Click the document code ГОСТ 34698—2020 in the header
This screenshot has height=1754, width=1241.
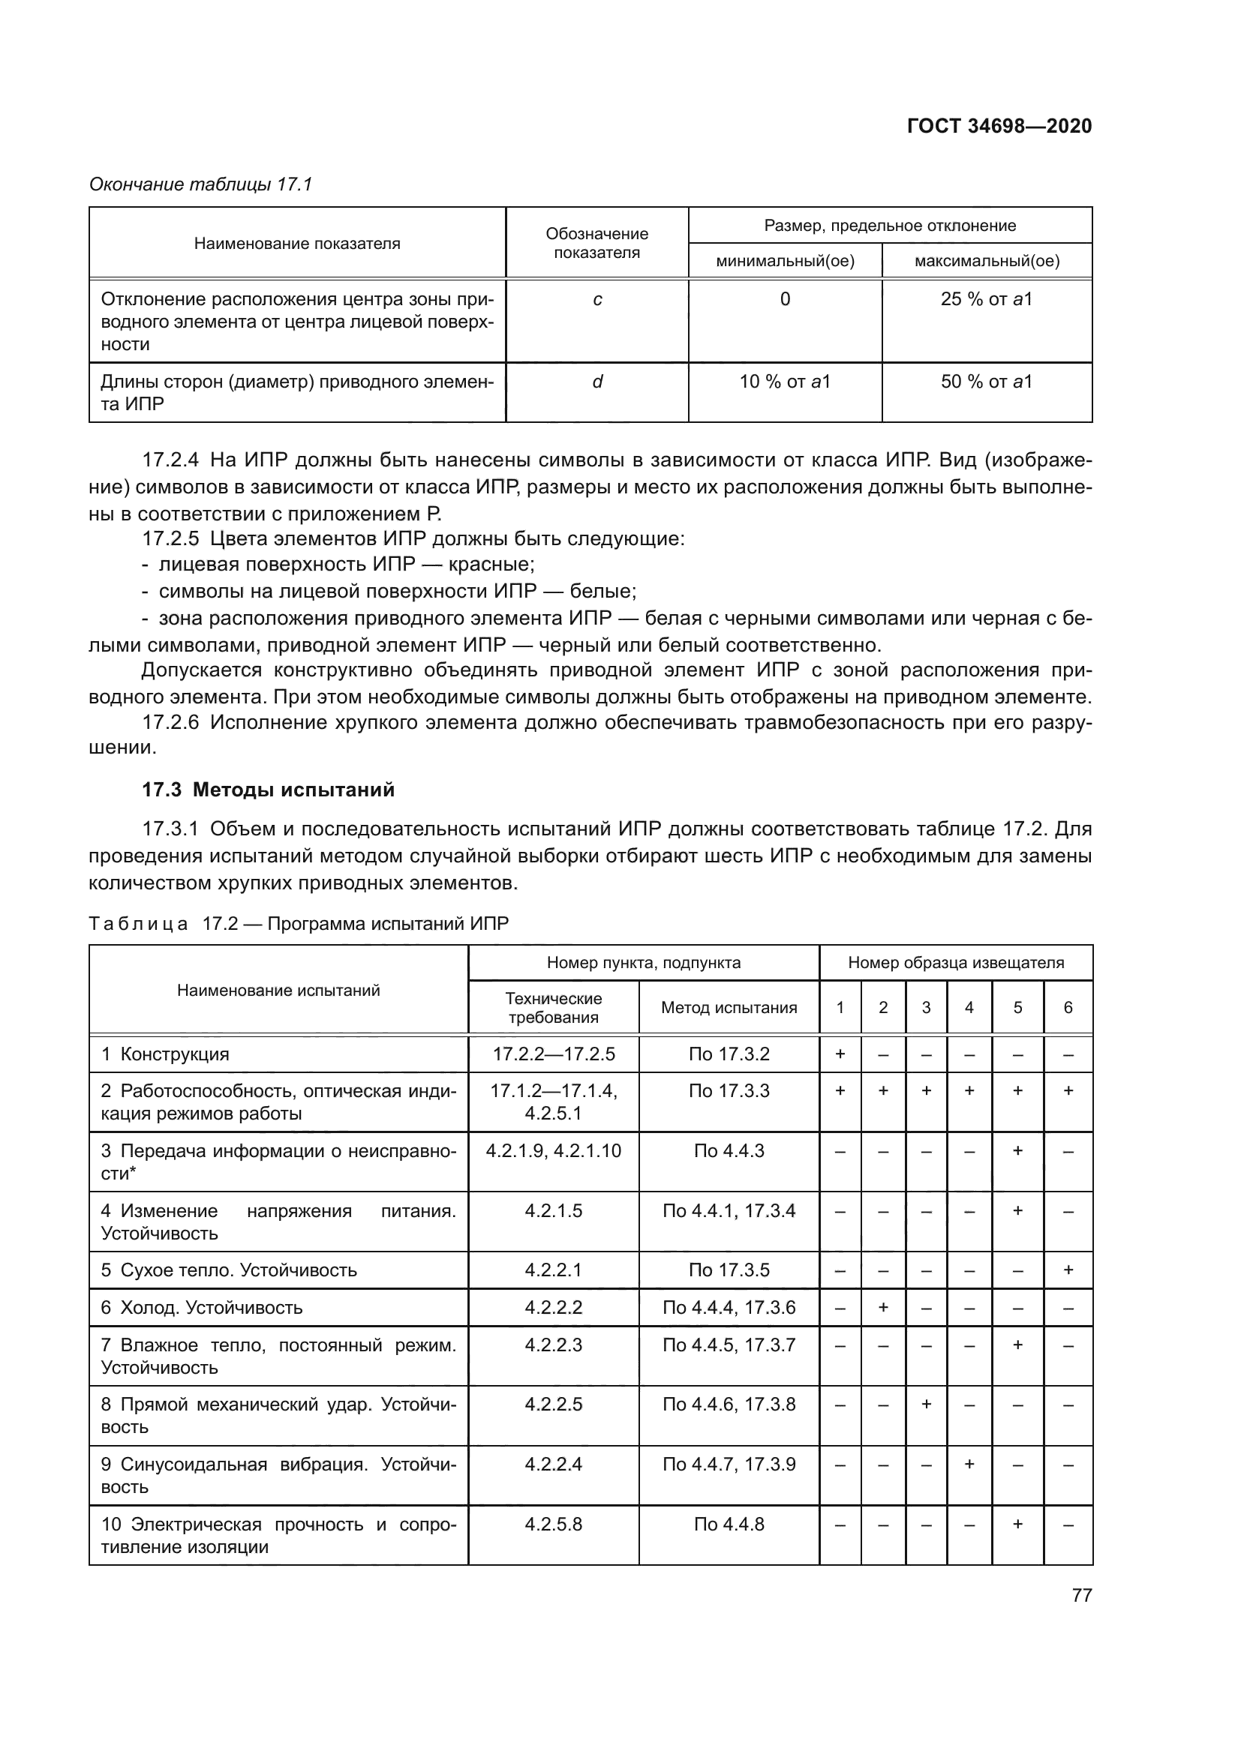(999, 126)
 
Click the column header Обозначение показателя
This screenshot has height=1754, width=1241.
(596, 243)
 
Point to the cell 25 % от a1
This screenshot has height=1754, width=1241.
(986, 299)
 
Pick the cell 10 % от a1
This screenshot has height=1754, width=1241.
(784, 382)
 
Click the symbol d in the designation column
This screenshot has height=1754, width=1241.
(596, 382)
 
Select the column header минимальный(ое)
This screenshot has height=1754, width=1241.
(784, 261)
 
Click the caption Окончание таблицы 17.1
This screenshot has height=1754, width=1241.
(201, 184)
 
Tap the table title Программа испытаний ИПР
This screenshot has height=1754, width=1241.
(387, 924)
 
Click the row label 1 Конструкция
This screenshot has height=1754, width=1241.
(165, 1054)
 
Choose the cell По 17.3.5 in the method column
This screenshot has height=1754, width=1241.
(729, 1270)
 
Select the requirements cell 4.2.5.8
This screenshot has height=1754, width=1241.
(553, 1524)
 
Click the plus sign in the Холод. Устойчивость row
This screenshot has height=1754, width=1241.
(882, 1308)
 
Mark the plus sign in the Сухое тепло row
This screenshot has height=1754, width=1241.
(1068, 1270)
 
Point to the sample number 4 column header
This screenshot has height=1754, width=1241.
(968, 1008)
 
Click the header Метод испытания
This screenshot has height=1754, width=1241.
(729, 1008)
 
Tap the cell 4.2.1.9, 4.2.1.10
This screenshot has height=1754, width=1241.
(553, 1151)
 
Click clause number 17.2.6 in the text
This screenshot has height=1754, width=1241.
(170, 723)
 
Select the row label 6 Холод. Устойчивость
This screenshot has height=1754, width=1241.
(202, 1308)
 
